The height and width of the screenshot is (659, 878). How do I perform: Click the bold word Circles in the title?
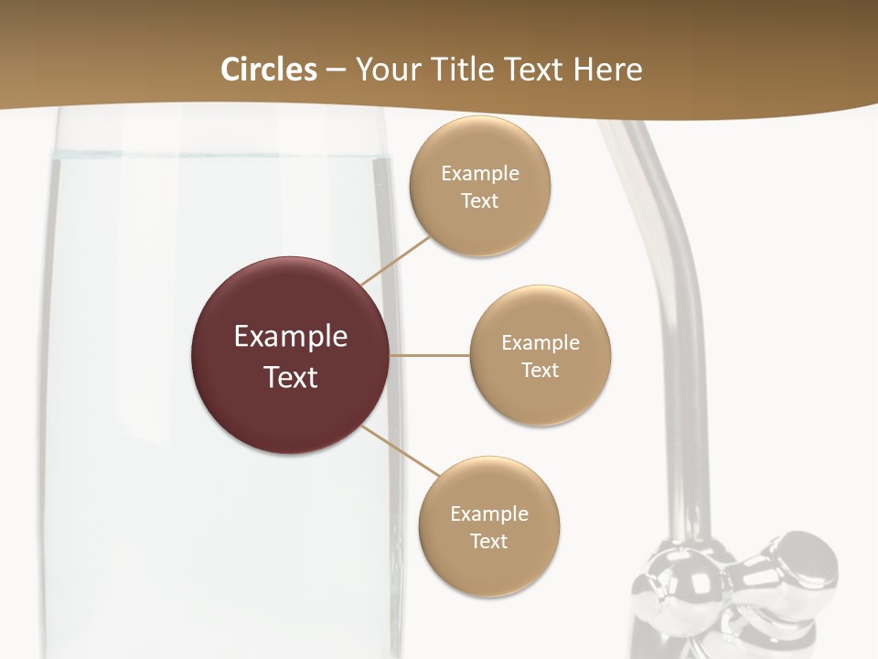pos(269,70)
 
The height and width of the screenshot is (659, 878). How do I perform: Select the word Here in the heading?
pos(608,70)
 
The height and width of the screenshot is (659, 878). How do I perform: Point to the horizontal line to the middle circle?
pos(430,355)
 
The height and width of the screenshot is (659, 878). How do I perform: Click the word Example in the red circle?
pos(291,337)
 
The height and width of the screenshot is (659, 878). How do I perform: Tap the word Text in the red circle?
pos(291,377)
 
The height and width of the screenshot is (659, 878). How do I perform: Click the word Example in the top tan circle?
pos(479,173)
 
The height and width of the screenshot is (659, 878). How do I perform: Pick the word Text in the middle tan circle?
pos(540,370)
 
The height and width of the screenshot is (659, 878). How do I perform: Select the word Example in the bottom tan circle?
pos(488,513)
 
